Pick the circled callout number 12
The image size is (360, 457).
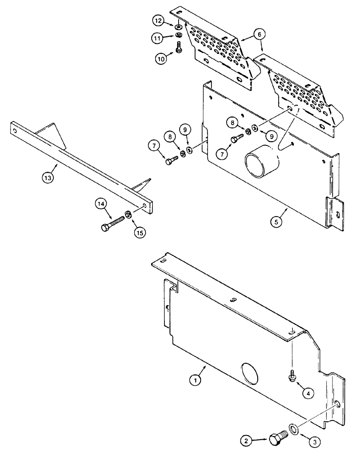158,21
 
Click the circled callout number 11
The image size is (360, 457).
158,39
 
